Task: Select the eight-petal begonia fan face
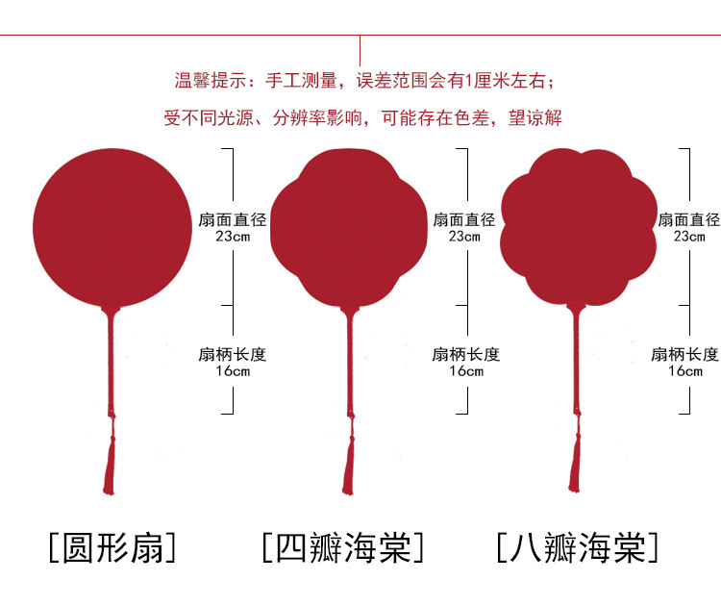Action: coord(578,227)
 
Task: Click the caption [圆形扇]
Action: coord(112,547)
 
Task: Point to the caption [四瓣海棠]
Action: coord(343,547)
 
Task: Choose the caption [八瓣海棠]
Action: coord(578,547)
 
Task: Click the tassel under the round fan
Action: coord(109,462)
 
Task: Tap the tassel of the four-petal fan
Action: coord(347,462)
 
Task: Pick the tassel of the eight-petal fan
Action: coord(575,462)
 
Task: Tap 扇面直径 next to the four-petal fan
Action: coord(464,219)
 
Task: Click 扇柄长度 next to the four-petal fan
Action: coord(466,354)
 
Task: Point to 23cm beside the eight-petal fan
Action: coord(688,236)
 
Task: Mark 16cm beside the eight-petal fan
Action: coord(684,371)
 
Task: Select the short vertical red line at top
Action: coord(360,50)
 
